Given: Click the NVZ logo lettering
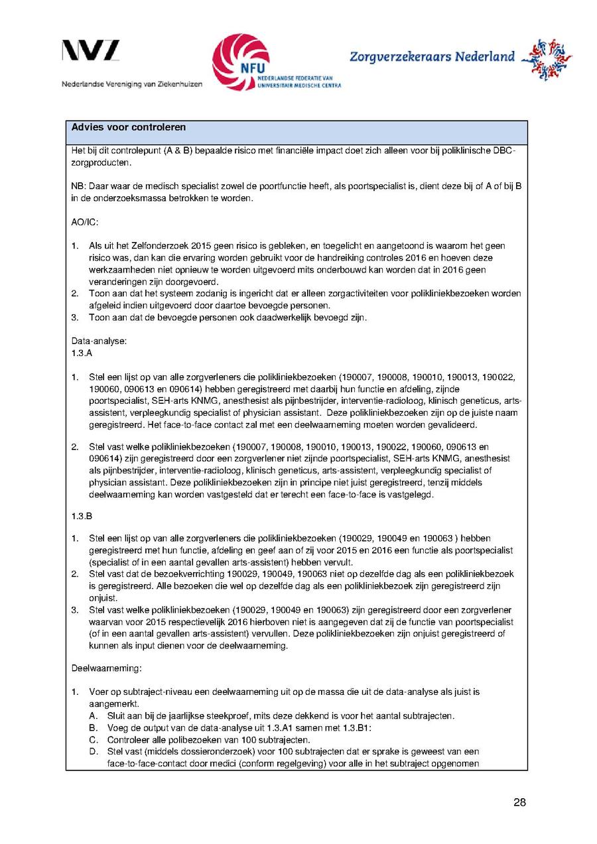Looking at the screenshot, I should coord(91,52).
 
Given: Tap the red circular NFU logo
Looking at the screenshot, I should coord(240,61).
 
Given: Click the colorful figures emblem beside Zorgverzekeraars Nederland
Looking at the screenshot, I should coord(547,58).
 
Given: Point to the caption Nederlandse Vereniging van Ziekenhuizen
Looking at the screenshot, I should coord(132,84).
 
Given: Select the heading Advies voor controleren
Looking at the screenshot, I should coord(129,127).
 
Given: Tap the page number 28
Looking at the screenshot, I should coord(519,803).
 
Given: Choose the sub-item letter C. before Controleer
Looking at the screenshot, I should coord(93,740).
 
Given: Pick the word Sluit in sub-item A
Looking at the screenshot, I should coord(117,716).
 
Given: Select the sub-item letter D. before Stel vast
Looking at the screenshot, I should coord(93,752).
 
